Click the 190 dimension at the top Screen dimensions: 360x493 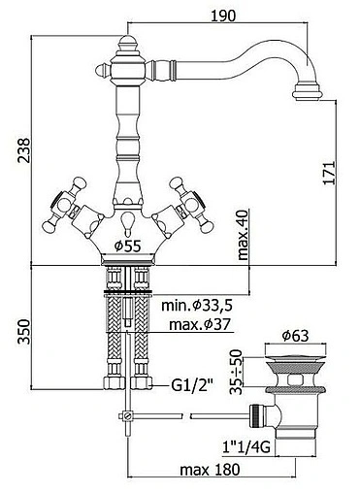[x=223, y=16]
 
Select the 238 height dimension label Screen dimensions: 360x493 [x=23, y=150]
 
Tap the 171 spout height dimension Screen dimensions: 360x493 [x=329, y=173]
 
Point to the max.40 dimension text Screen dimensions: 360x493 [x=243, y=235]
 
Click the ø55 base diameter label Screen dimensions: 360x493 [x=128, y=246]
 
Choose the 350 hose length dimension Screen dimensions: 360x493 [x=23, y=331]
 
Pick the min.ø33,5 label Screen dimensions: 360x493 [x=197, y=306]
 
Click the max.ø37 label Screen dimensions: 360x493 [x=199, y=324]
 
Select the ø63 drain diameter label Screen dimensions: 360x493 [x=295, y=336]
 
